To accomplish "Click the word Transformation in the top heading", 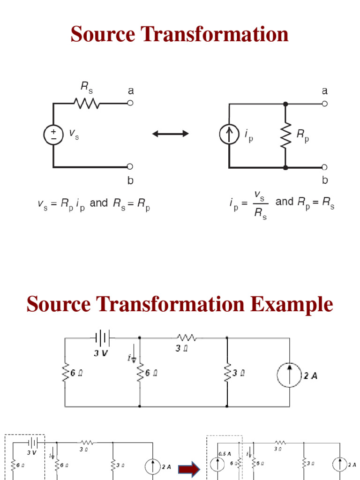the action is pos(216,35).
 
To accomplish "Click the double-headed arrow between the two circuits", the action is pos(171,134).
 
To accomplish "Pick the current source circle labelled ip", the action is pos(229,135).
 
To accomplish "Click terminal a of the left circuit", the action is pos(130,103).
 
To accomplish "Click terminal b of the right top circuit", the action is pos(324,167).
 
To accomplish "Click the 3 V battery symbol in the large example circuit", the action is pos(103,337).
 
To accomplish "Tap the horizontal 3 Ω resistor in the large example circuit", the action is pos(187,337).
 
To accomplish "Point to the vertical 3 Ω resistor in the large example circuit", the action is pos(227,374).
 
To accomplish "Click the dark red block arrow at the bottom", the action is pos(189,468).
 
